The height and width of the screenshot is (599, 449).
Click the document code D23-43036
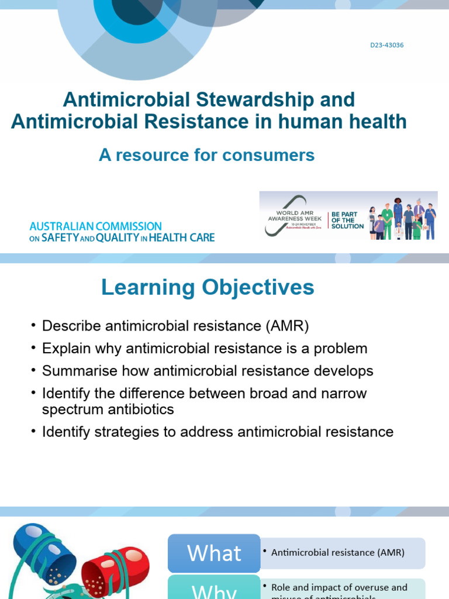coord(386,45)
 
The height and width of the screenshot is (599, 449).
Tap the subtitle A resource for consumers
coord(206,155)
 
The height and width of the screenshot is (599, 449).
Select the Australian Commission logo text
coord(122,232)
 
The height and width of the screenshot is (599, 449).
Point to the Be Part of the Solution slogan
coord(347,221)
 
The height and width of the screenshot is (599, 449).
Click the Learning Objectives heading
coord(208,287)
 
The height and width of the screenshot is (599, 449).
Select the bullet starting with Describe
coord(175,326)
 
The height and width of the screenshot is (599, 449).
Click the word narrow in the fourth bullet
coord(341,393)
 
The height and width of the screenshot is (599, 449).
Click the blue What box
coord(214,553)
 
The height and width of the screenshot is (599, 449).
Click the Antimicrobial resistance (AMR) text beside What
coord(338,552)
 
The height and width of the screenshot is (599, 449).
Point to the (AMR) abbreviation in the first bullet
coord(286,326)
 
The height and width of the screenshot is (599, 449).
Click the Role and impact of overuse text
coord(339,587)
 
